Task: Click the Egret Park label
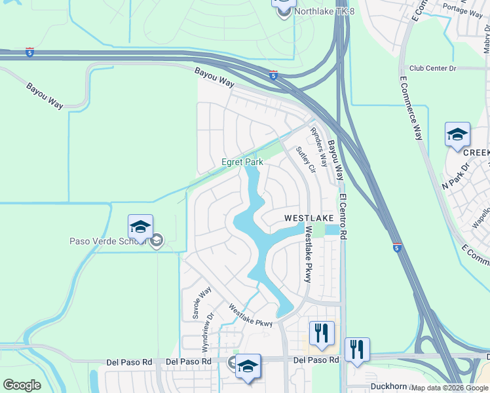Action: (242, 162)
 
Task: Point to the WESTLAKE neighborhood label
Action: (309, 217)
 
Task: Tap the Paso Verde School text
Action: (107, 241)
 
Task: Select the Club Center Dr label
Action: (432, 68)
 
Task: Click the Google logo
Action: (22, 384)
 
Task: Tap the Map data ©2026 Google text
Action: (449, 388)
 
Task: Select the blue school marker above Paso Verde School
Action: (140, 227)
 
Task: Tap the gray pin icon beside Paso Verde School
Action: (156, 242)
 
